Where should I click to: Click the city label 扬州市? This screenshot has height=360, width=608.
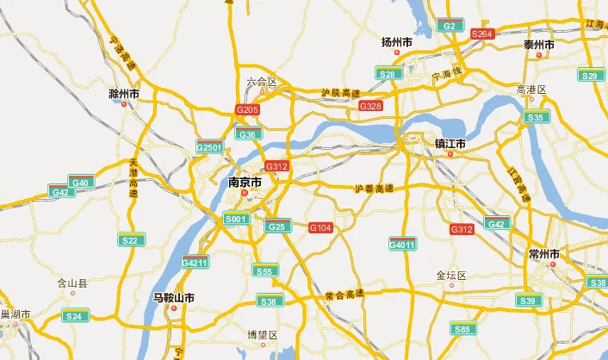396,42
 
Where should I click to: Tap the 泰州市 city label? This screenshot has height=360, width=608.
539,45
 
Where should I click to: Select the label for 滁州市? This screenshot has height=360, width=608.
124,93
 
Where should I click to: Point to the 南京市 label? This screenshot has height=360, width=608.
245,183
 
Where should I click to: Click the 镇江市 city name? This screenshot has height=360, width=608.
450,144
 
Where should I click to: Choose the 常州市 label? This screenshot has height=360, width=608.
544,254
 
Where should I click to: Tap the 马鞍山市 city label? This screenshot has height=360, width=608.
173,298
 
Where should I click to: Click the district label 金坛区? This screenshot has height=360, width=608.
450,276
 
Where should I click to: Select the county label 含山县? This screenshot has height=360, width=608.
72,282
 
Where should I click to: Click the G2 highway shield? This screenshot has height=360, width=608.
450,26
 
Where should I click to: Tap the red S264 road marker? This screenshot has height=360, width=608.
482,34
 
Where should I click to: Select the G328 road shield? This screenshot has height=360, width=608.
369,105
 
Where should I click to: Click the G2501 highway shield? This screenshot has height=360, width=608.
209,148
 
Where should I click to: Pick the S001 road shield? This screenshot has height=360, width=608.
236,220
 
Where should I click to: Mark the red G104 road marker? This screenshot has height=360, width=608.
320,227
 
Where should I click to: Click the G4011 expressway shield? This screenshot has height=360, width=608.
402,245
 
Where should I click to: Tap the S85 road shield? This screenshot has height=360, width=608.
463,328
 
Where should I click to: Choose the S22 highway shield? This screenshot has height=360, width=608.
128,240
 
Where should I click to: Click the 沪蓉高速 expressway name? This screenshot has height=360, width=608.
371,189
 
